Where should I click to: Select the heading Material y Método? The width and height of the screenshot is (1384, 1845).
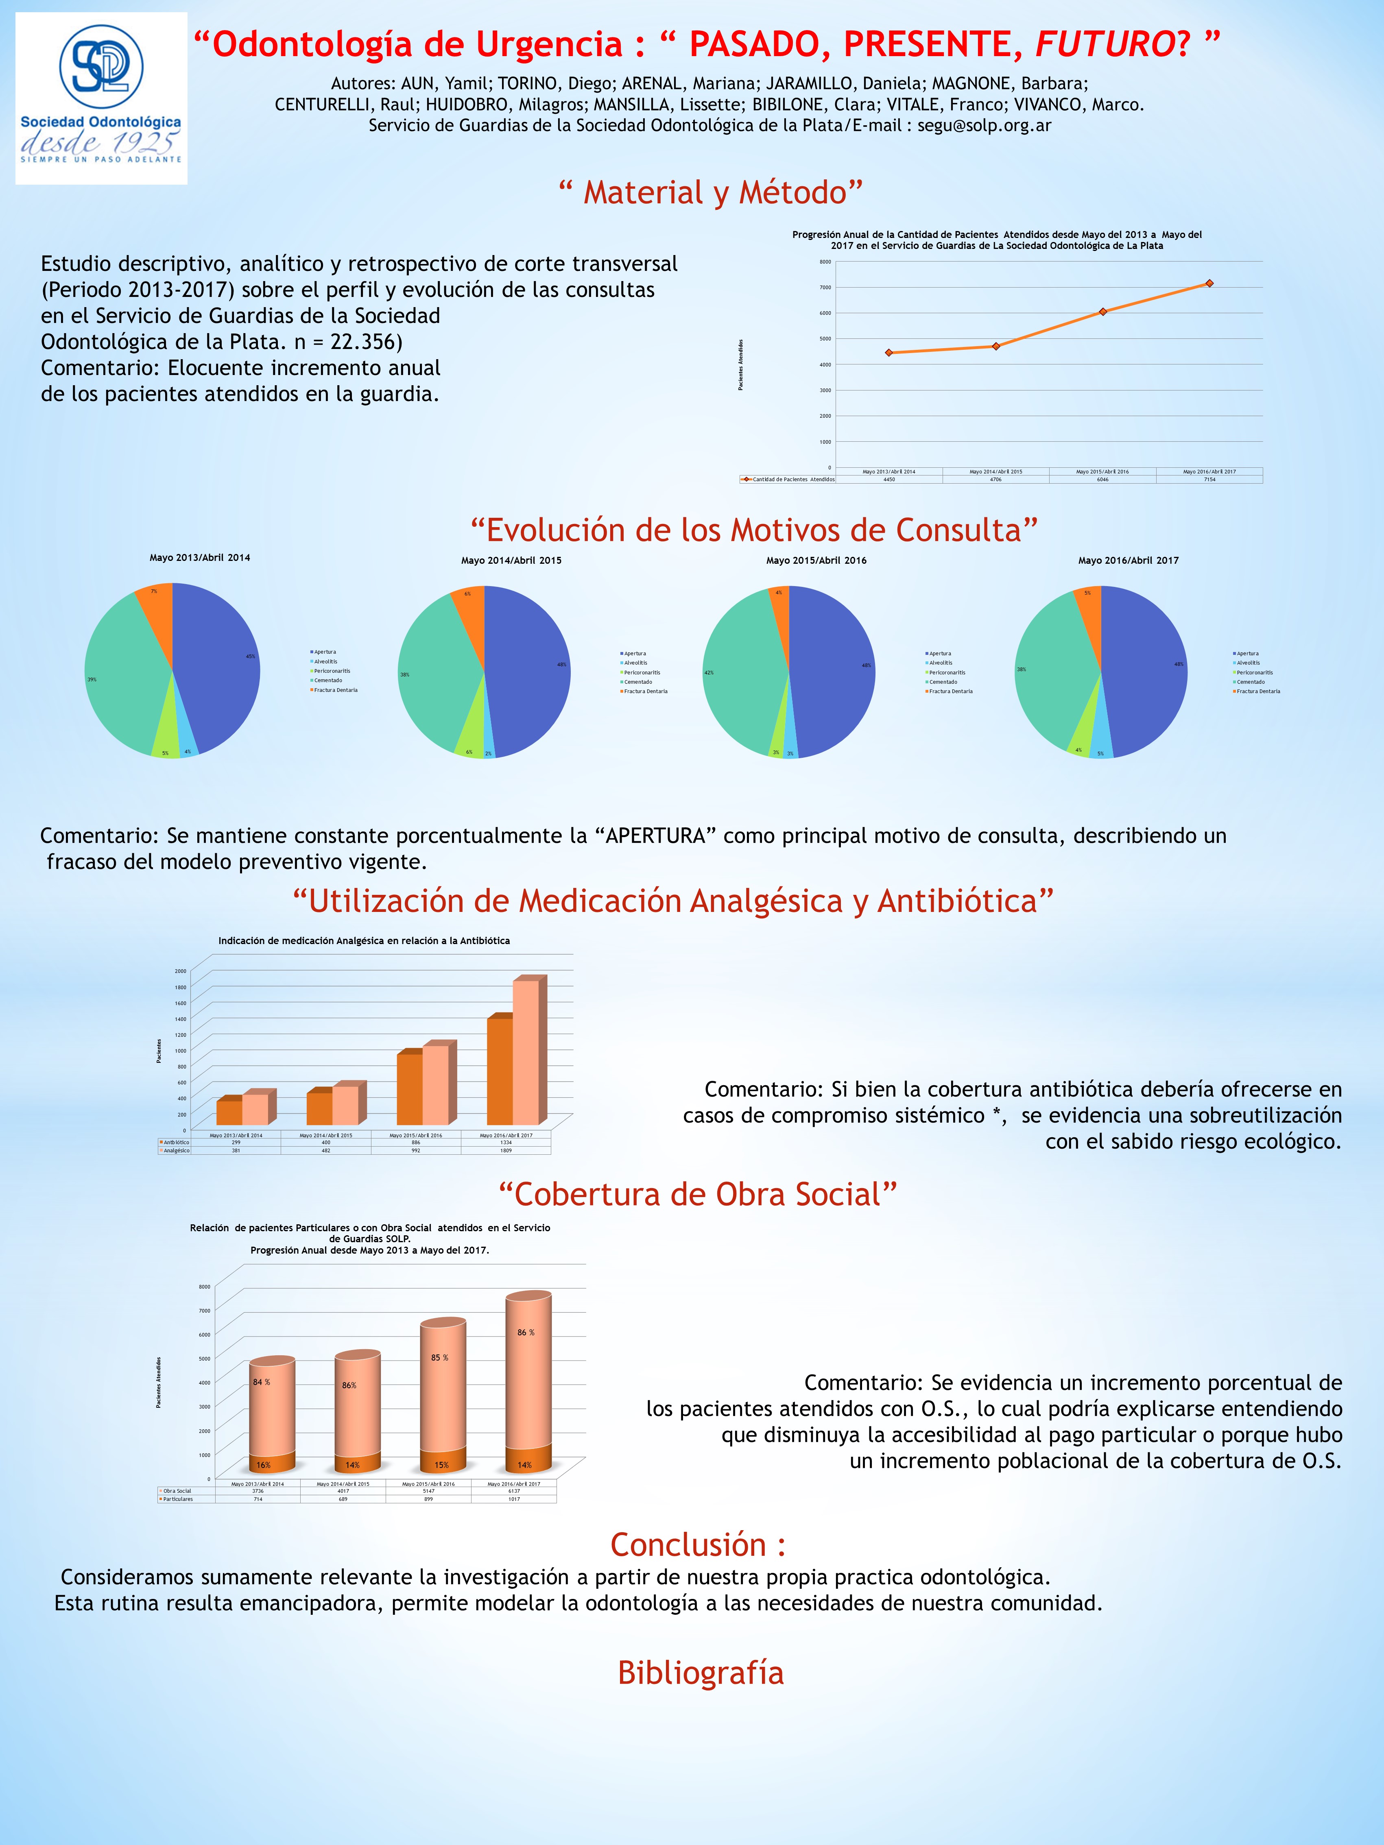point(710,193)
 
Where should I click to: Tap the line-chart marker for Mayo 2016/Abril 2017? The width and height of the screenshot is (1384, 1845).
point(1209,284)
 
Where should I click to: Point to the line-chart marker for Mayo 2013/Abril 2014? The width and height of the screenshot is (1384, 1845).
point(888,353)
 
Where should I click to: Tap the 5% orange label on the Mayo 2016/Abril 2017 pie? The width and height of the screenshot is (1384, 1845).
point(1087,593)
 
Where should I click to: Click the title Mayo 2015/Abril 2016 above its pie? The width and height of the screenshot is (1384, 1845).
point(816,560)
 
